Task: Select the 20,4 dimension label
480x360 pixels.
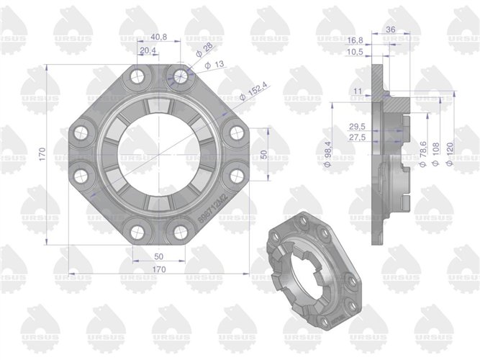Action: click(148, 50)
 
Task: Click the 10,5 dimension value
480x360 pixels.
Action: click(374, 53)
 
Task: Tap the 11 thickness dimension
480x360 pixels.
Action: click(359, 91)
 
